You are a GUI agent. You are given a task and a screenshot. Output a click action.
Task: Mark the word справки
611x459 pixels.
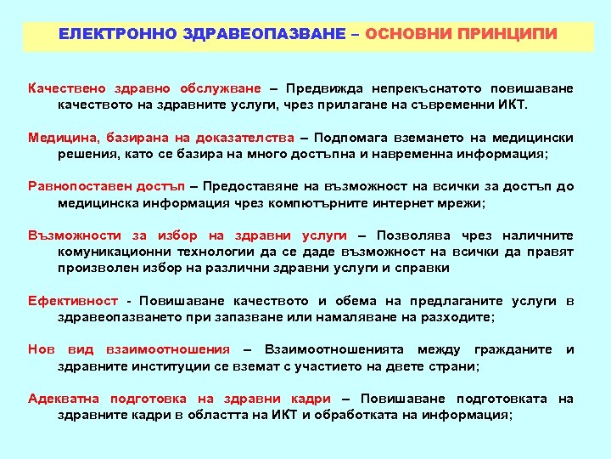[x=421, y=268]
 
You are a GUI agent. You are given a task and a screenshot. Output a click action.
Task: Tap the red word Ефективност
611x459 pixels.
[x=73, y=301]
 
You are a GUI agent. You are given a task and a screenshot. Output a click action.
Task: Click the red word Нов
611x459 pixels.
[x=42, y=349]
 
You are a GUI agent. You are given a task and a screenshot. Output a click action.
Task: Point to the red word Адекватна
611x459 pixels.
[x=64, y=399]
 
